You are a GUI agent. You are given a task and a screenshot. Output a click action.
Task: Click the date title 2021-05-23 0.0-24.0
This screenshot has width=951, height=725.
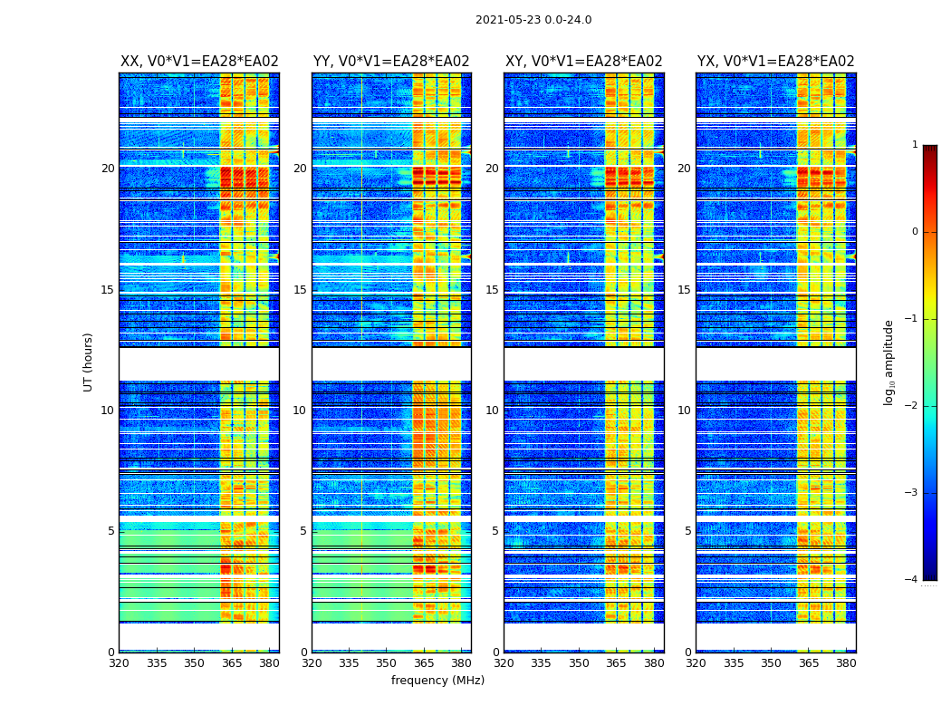click(x=533, y=20)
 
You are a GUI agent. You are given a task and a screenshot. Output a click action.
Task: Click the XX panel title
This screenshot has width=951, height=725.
click(x=199, y=62)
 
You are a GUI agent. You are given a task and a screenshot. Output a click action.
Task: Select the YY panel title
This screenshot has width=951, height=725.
click(x=391, y=62)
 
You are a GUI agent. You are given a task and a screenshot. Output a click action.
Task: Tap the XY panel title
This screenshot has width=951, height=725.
click(x=583, y=62)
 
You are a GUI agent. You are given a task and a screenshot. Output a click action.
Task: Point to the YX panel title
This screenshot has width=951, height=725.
click(x=775, y=62)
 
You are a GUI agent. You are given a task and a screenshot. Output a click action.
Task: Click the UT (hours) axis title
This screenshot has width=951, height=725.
click(x=88, y=362)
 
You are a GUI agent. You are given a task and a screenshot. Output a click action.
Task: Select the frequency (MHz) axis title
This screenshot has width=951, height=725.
click(x=437, y=681)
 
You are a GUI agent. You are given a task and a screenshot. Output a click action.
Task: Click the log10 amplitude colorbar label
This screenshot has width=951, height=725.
click(x=889, y=362)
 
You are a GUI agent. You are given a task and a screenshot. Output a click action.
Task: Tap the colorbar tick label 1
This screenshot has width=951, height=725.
click(x=914, y=145)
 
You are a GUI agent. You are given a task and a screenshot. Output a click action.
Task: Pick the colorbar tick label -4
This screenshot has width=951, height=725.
click(x=911, y=580)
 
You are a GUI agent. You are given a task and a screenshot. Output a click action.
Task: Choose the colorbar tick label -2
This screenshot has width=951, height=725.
click(x=911, y=406)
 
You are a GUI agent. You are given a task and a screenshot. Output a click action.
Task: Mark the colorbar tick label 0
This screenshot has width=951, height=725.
click(x=914, y=232)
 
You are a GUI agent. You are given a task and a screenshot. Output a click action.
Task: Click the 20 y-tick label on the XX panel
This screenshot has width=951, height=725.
click(x=108, y=169)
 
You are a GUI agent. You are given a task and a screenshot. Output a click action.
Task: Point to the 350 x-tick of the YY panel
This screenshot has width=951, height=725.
click(x=387, y=663)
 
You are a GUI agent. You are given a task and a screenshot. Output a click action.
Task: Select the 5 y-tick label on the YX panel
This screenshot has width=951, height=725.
click(x=687, y=531)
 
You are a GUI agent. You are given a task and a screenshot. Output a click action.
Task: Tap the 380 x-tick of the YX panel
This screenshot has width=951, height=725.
click(x=846, y=663)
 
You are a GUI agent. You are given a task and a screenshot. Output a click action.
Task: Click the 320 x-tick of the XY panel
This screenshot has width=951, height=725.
click(x=504, y=663)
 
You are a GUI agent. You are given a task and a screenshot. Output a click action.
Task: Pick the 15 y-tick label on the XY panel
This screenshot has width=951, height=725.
click(x=492, y=290)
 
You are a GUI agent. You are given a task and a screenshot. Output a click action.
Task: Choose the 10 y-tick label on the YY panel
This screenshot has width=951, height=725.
click(x=300, y=411)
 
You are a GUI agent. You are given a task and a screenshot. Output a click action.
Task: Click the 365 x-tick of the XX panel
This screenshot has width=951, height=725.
click(x=232, y=663)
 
